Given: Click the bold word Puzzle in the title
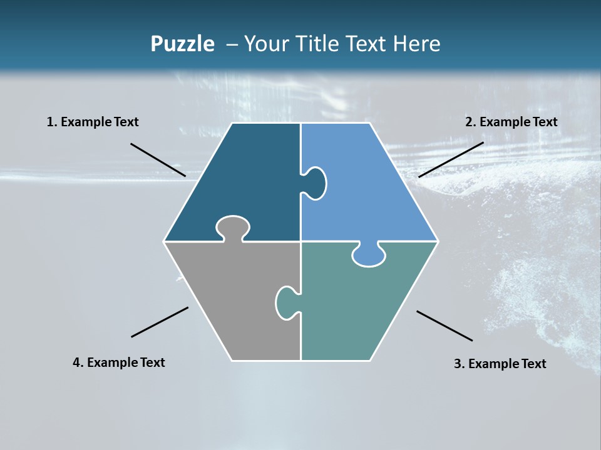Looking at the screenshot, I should pos(182,44).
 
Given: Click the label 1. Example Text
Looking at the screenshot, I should pos(93,122).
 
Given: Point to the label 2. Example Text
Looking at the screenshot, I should pos(511,122).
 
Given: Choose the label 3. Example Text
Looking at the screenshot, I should pos(500,364).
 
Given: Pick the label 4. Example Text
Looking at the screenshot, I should pos(119,362).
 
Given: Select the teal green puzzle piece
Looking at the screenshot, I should pos(357,306).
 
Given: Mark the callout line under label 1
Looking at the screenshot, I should pos(158,159).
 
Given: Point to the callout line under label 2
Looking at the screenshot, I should pos(451,159).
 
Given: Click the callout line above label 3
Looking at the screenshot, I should pos(444,326).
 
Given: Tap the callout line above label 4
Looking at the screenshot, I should pos(160,322).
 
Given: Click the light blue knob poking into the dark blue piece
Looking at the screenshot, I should pos(315,183).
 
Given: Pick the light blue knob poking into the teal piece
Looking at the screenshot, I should pos(369,255).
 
